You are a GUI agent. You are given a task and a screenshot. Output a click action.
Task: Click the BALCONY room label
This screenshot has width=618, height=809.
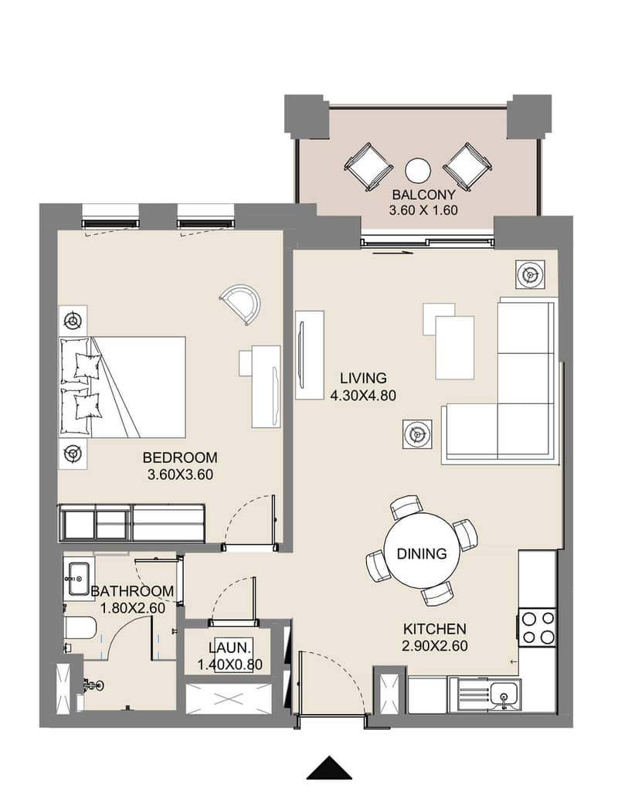(x=423, y=195)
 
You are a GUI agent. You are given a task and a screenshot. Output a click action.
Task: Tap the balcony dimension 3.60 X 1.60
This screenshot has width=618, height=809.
(x=423, y=210)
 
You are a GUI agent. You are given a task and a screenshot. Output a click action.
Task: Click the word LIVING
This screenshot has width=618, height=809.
(x=363, y=378)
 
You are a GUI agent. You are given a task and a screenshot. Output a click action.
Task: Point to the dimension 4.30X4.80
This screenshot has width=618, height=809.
(x=363, y=395)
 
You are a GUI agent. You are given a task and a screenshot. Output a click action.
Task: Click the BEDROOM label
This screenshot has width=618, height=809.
(x=180, y=457)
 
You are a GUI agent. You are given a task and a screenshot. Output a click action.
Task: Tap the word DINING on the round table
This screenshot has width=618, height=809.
(x=422, y=553)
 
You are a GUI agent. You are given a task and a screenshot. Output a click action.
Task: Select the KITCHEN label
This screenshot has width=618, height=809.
(x=434, y=629)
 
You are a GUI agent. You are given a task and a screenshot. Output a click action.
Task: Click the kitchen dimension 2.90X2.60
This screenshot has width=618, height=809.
(x=434, y=645)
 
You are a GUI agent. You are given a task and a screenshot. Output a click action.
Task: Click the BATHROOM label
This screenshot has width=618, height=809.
(x=133, y=591)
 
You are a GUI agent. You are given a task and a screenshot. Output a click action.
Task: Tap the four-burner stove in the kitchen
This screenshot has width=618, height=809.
(x=538, y=627)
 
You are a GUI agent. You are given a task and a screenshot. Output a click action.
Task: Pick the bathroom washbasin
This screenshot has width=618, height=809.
(x=78, y=579)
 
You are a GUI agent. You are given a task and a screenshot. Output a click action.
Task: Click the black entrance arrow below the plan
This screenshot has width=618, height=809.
(x=329, y=768)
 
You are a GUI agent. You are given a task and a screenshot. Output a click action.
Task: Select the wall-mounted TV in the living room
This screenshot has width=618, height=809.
(x=301, y=355)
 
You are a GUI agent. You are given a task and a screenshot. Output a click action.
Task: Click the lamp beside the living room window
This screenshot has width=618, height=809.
(x=530, y=274)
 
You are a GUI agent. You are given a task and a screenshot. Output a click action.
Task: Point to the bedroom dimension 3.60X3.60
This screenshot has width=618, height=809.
(x=180, y=474)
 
